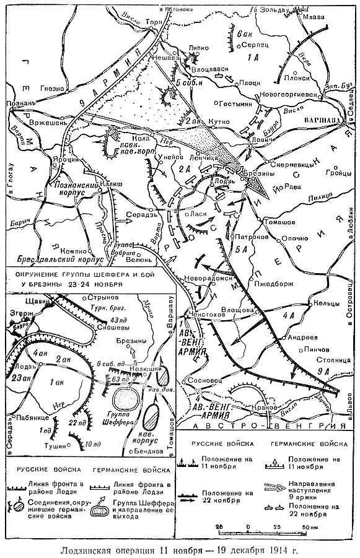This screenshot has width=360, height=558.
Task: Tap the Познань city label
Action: tap(19, 102)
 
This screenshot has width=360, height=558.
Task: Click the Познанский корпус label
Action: tap(66, 188)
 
